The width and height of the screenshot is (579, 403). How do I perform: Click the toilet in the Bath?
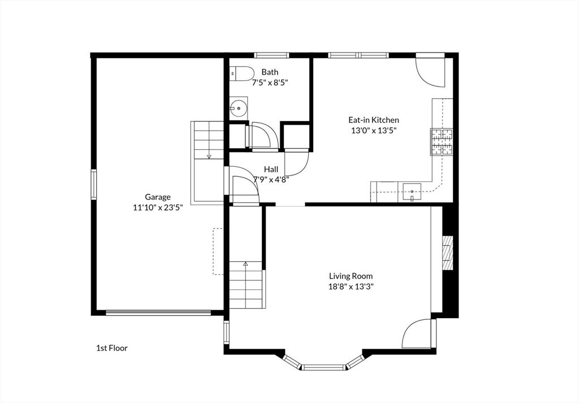241,74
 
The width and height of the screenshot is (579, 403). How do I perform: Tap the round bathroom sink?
239,108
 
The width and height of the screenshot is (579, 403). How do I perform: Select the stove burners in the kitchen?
441,142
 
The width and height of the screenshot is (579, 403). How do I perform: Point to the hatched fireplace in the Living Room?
448,253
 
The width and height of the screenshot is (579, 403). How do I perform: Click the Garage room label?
158,197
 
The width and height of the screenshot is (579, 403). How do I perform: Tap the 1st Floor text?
112,348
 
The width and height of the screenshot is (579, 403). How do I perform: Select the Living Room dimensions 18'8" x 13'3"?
351,287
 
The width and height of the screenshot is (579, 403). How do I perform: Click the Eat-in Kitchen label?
374,120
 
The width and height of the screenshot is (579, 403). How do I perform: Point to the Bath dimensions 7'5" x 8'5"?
270,83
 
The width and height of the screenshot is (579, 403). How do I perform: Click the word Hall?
271,170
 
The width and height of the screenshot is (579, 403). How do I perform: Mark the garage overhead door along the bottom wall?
158,313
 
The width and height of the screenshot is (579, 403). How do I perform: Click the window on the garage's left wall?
94,184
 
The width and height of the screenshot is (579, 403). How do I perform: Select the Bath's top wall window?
271,55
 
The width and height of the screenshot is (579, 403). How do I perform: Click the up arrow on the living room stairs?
245,263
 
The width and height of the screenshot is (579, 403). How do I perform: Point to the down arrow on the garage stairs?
209,157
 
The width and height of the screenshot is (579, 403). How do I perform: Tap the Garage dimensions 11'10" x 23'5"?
158,207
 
